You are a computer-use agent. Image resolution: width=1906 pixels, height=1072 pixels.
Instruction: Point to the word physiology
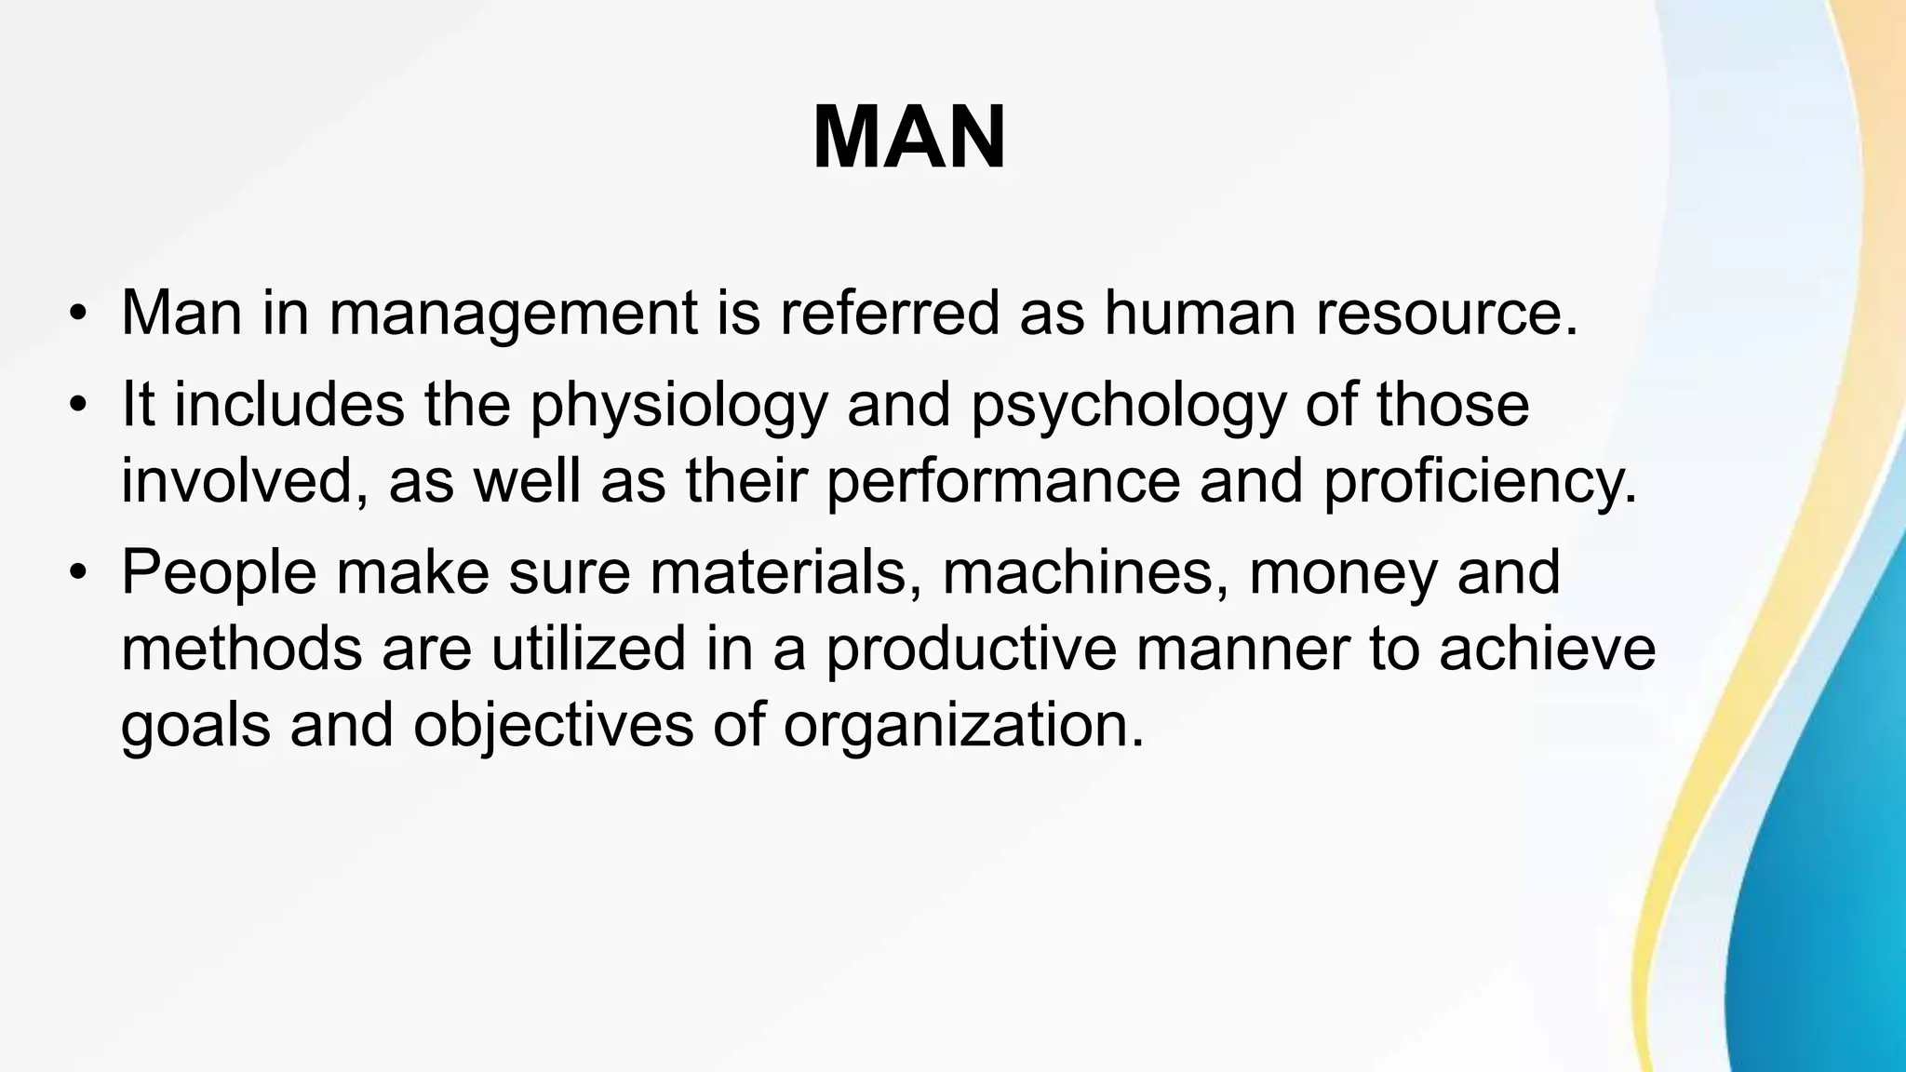tap(678, 406)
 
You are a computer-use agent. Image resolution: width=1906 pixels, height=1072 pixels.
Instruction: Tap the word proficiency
tap(1479, 481)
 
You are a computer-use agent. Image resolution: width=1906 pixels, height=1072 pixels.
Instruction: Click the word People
tap(220, 572)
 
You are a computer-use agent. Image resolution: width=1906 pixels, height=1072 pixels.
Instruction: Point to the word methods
tap(242, 648)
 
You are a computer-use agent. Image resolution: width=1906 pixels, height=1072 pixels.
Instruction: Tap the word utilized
tap(589, 648)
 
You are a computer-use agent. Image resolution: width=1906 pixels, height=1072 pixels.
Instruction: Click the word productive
tap(971, 648)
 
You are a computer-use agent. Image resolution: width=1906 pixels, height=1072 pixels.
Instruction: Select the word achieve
tap(1547, 648)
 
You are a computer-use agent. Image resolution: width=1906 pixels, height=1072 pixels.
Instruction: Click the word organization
tap(962, 724)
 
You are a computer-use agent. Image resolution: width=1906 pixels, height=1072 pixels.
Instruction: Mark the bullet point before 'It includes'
tap(78, 406)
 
